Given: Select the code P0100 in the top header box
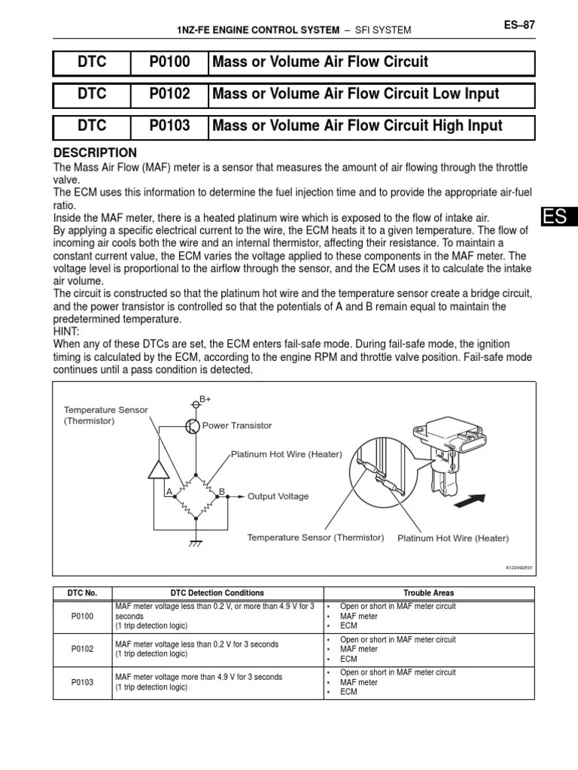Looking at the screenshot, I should pyautogui.click(x=169, y=62).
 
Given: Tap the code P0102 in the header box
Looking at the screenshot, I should pyautogui.click(x=169, y=95).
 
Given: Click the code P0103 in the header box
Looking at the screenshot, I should pyautogui.click(x=169, y=126).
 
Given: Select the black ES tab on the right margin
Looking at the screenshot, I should pyautogui.click(x=558, y=217).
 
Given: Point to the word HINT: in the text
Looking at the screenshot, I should pyautogui.click(x=68, y=330).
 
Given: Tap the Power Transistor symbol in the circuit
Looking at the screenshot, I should pyautogui.click(x=192, y=426).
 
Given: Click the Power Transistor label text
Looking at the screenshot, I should pyautogui.click(x=237, y=426).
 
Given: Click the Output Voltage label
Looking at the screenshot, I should pyautogui.click(x=278, y=496).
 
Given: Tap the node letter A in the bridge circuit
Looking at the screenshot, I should pyautogui.click(x=170, y=491).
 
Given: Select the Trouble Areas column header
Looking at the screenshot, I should pyautogui.click(x=428, y=593).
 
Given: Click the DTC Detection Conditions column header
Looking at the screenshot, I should pyautogui.click(x=218, y=593).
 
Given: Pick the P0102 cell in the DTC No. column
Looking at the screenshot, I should pyautogui.click(x=82, y=649).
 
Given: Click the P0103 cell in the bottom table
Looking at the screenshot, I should pyautogui.click(x=82, y=682).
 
